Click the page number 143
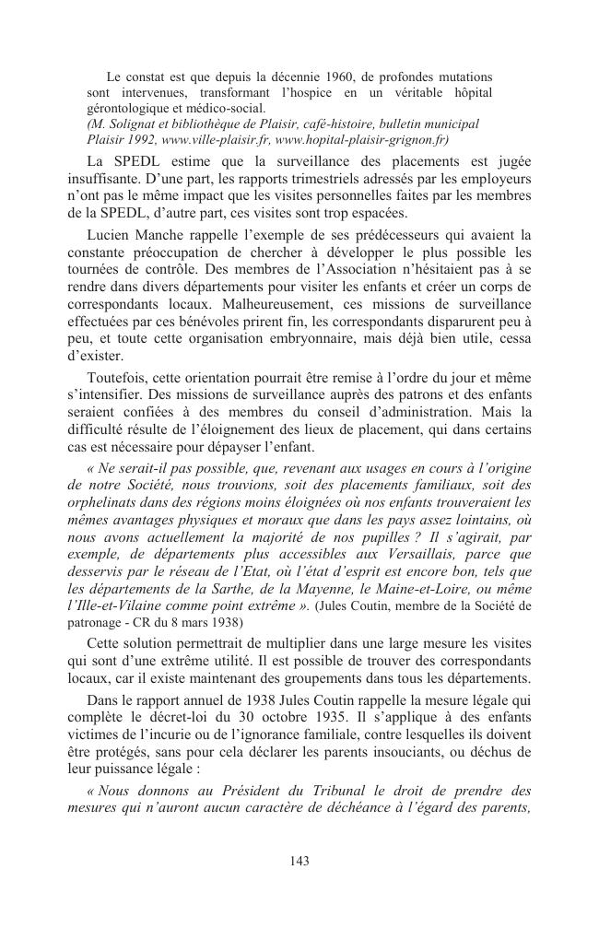point(299,861)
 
